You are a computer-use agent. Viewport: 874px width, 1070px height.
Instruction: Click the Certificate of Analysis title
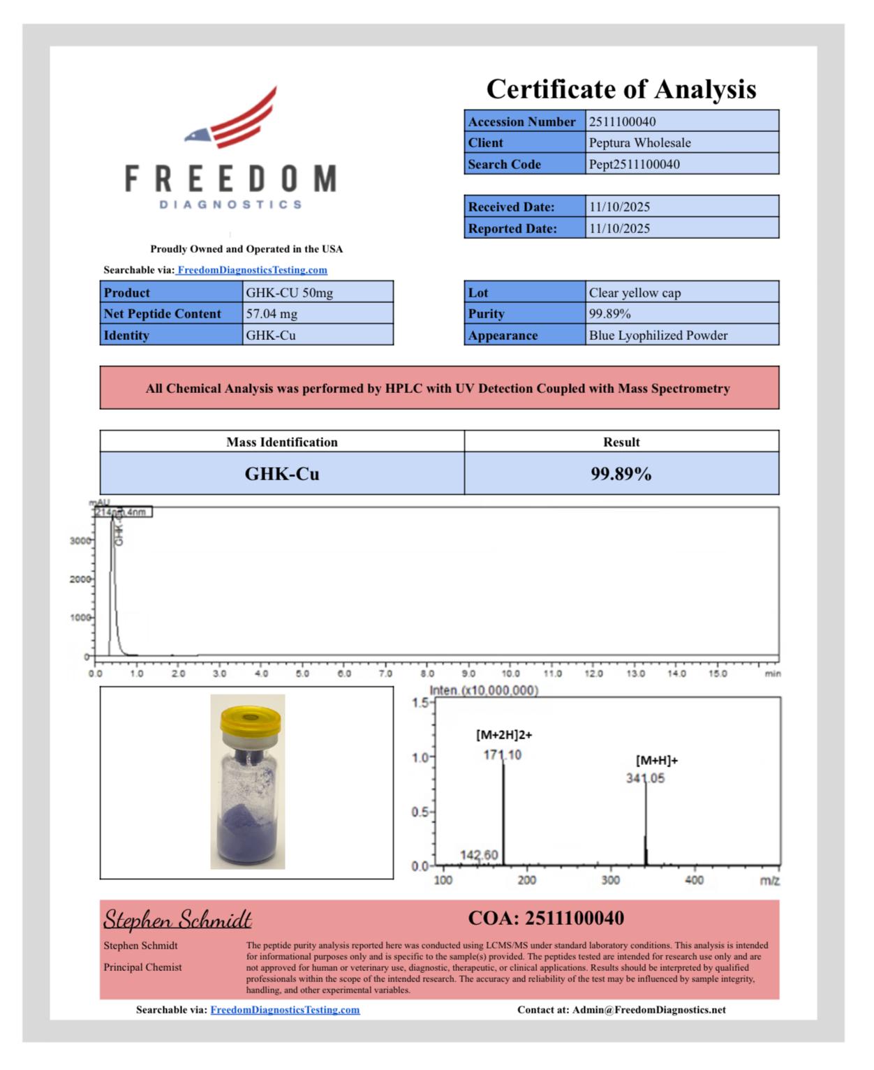coord(621,89)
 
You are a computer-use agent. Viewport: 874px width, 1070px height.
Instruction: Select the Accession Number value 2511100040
coord(622,121)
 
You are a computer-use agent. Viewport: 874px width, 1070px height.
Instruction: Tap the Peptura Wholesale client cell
coord(639,142)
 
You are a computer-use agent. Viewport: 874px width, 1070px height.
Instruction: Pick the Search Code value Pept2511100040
coord(634,164)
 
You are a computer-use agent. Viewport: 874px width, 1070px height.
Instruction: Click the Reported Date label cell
coord(512,228)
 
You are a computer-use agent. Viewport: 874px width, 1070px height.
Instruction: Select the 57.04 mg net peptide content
coord(272,313)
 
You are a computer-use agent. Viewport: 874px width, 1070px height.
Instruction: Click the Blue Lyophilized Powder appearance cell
coord(658,335)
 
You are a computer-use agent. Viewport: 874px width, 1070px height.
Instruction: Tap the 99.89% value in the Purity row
coord(609,313)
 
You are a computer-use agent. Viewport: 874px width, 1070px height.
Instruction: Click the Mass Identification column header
coord(281,442)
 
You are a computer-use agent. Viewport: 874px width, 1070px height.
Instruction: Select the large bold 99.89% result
coord(621,474)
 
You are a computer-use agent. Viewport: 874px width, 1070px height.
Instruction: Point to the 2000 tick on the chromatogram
coord(80,579)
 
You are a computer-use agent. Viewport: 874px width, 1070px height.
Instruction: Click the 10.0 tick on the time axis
coord(510,674)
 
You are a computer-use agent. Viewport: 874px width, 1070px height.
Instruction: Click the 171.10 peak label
coord(502,755)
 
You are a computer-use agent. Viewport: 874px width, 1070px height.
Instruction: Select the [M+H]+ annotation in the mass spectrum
coord(656,760)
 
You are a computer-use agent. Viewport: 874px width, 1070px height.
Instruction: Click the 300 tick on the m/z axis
coord(610,880)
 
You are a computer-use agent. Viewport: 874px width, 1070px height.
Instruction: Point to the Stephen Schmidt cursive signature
coord(177,919)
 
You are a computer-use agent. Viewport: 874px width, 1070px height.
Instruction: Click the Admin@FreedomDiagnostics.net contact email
coord(649,1009)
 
